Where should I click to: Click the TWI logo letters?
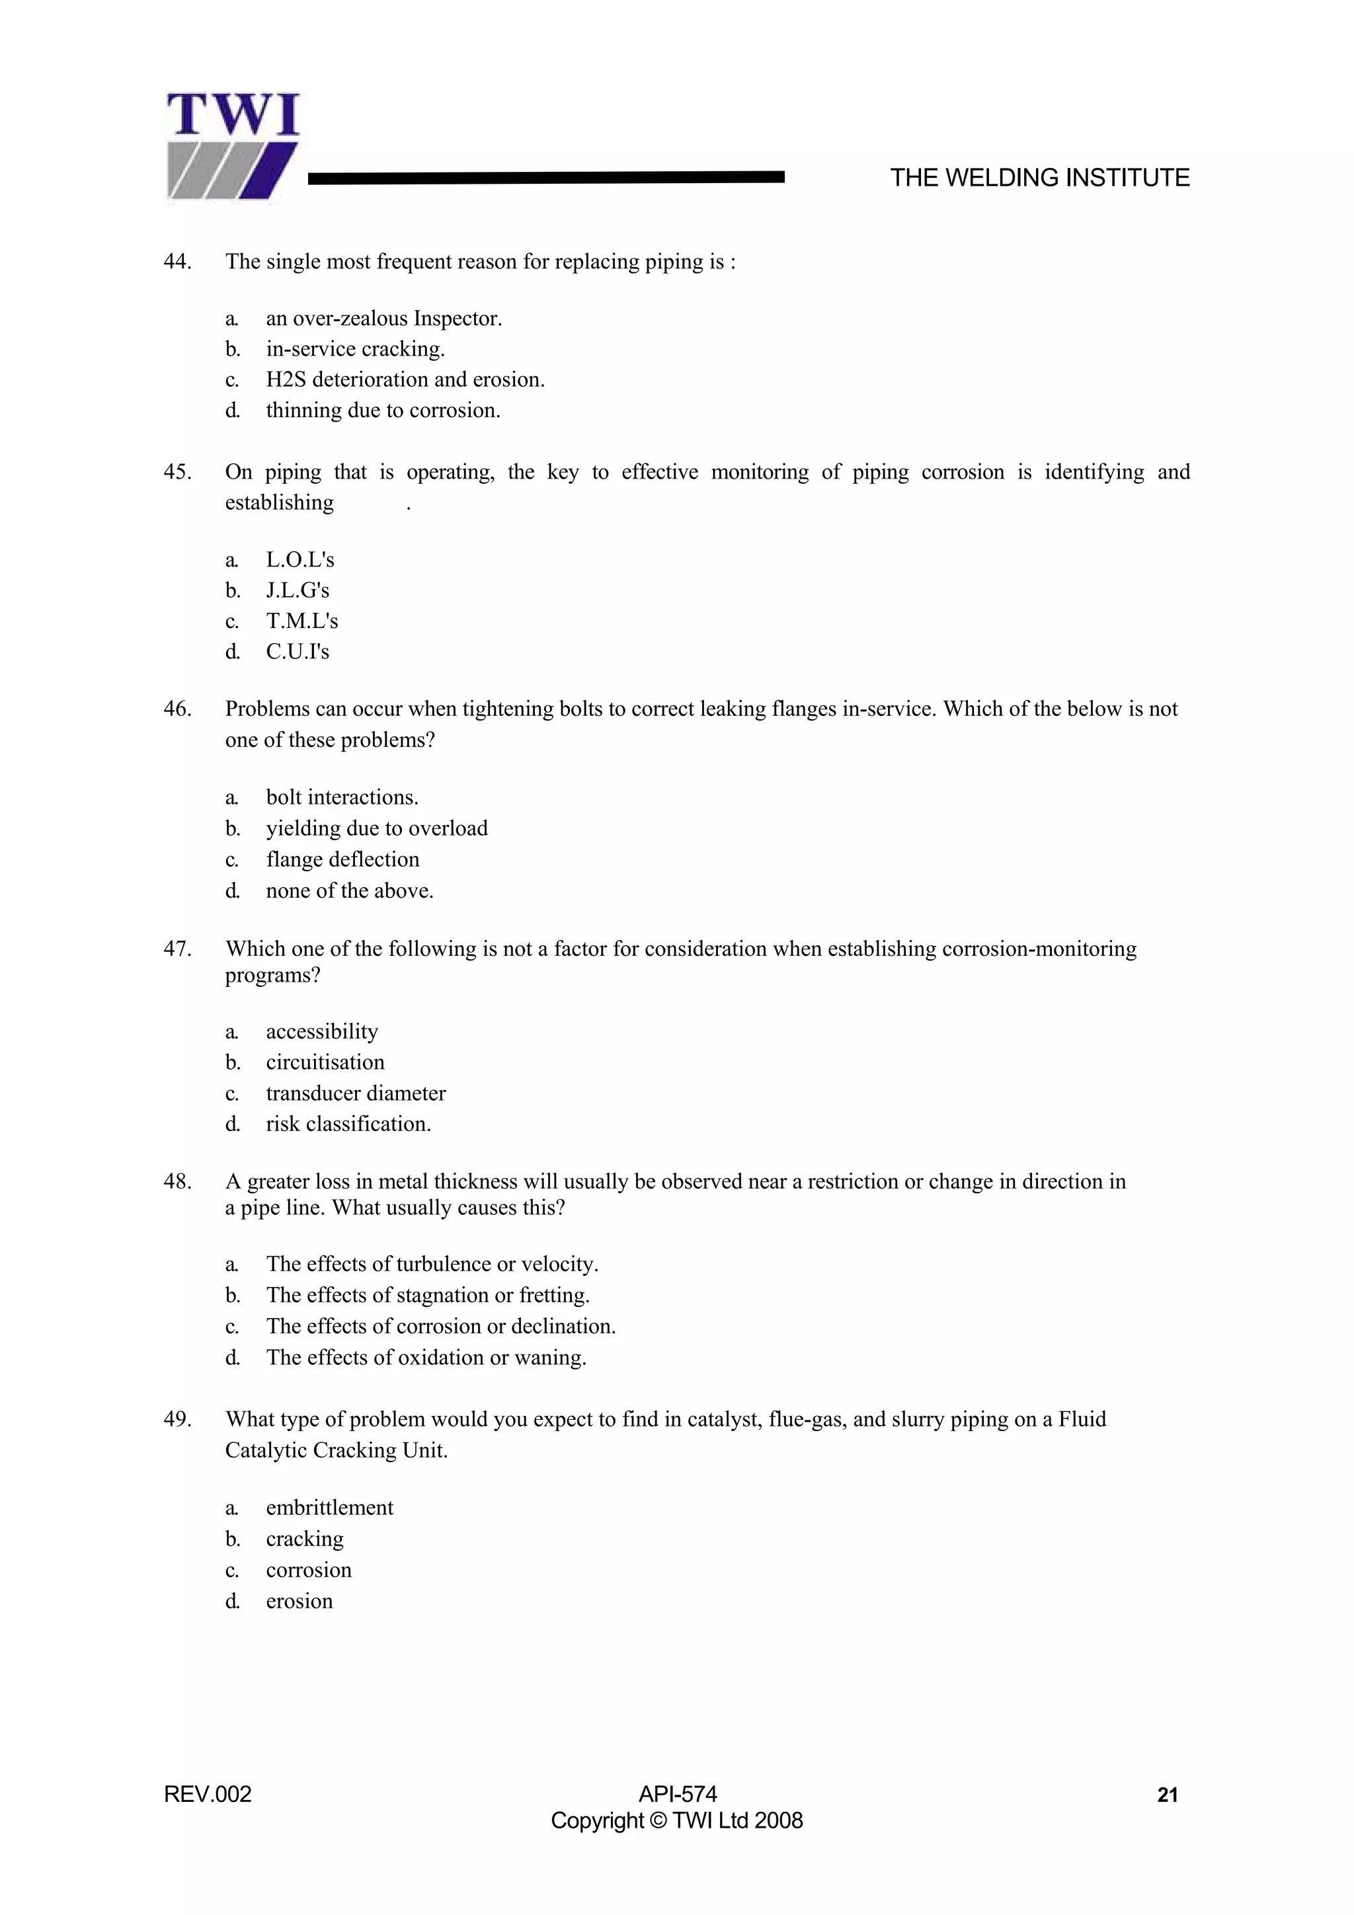(x=233, y=115)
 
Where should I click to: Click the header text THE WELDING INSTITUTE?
(x=1039, y=178)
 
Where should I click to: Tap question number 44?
(x=177, y=262)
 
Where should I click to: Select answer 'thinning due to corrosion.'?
(x=383, y=410)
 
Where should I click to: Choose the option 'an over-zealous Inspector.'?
(x=383, y=319)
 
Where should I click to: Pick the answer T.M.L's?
(x=302, y=621)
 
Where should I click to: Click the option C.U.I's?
(x=298, y=652)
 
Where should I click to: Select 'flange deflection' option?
(x=342, y=860)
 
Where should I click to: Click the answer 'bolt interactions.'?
(x=342, y=797)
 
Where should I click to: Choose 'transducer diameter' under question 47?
(x=356, y=1093)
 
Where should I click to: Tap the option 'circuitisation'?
(x=325, y=1062)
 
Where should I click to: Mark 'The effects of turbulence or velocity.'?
(x=432, y=1265)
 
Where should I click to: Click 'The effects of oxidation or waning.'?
(x=426, y=1358)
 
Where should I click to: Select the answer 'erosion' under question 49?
(x=299, y=1602)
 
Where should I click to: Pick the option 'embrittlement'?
(x=329, y=1508)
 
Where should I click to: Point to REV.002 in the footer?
(x=208, y=1795)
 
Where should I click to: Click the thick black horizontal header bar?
(x=547, y=176)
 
